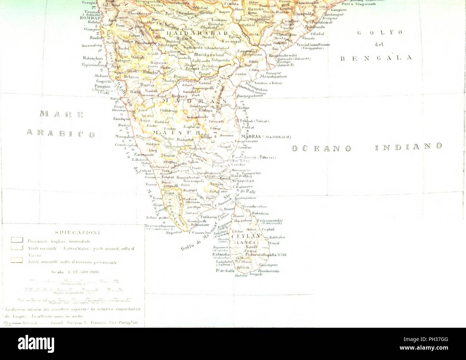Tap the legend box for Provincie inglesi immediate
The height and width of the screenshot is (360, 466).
pos(17,241)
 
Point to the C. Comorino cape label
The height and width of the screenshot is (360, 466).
pos(201,232)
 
